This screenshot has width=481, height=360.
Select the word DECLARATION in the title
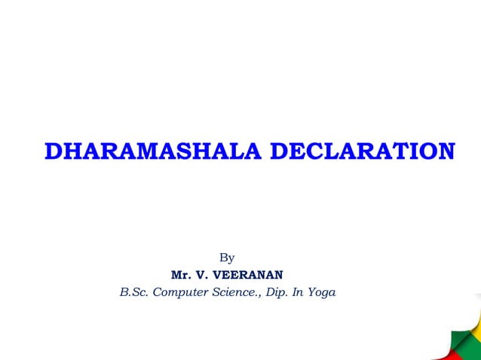pos(362,151)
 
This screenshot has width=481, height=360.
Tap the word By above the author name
pos(227,258)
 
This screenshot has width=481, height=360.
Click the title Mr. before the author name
pos(182,274)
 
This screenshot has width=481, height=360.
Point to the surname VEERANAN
pos(251,274)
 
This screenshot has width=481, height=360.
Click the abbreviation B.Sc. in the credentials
pos(134,291)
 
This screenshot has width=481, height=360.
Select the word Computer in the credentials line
pos(179,291)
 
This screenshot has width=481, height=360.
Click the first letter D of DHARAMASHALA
pos(54,151)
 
